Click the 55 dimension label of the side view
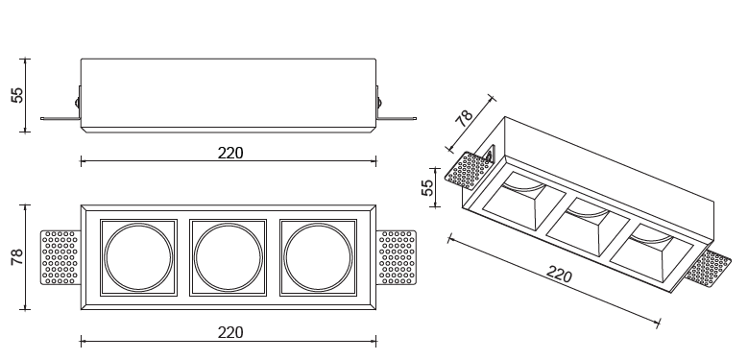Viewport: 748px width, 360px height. [17, 95]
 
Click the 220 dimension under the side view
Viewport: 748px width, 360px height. [230, 153]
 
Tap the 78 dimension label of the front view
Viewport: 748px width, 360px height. [17, 257]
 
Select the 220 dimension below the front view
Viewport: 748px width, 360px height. [230, 332]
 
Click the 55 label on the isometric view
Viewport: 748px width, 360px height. [427, 187]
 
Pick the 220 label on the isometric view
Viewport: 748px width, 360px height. [559, 275]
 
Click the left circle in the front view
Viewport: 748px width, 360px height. [138, 257]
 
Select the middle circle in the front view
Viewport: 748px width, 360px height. [228, 257]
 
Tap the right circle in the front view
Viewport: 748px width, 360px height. [318, 257]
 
